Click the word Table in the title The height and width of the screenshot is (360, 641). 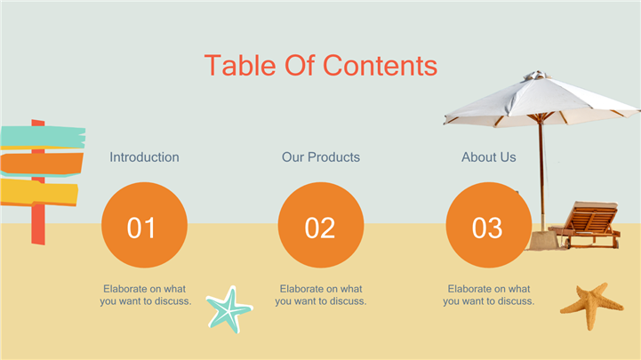[x=240, y=66]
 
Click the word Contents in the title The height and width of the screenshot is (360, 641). [x=381, y=66]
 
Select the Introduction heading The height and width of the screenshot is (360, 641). [x=144, y=157]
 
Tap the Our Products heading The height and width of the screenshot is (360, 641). [x=321, y=157]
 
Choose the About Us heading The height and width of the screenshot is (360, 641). [x=489, y=157]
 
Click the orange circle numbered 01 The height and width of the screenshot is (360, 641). [x=144, y=225]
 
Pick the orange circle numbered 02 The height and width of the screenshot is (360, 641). [x=321, y=225]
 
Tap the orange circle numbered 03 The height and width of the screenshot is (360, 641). [x=489, y=225]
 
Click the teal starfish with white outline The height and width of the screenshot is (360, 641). [x=229, y=309]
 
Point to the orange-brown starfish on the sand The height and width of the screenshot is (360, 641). [x=591, y=306]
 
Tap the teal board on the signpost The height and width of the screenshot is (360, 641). [x=43, y=137]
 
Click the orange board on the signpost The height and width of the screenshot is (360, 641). [x=41, y=164]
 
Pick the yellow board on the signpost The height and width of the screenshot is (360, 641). [x=39, y=192]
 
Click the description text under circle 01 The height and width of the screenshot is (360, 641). [x=146, y=295]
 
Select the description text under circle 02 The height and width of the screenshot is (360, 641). [x=321, y=295]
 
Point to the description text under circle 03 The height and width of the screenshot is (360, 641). [x=489, y=295]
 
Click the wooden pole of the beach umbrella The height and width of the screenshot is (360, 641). [x=541, y=176]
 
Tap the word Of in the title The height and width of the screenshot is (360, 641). [x=300, y=66]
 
